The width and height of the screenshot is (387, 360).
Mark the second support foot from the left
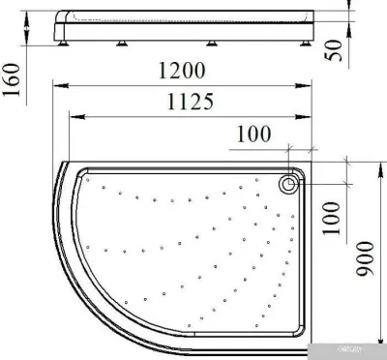coord(126,42)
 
